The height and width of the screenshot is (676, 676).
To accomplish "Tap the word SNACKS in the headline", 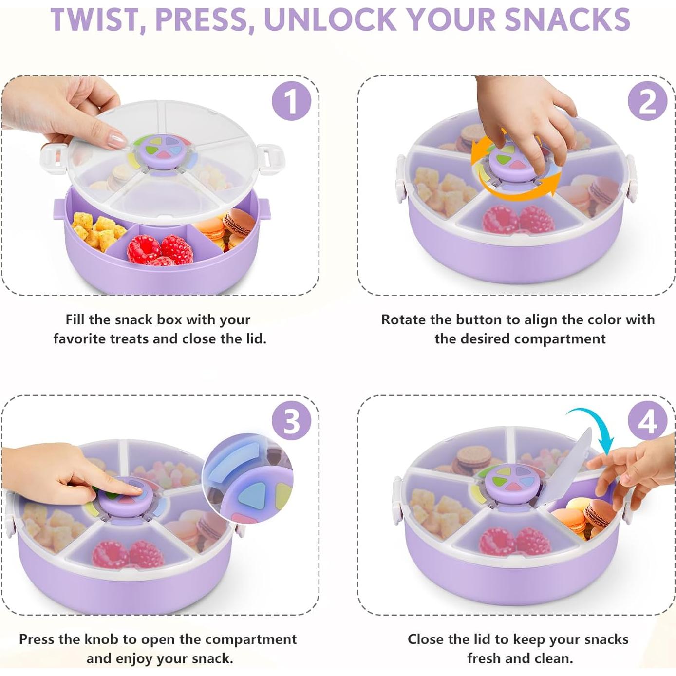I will [x=567, y=19].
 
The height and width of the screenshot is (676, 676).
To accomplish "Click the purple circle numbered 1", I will [x=291, y=101].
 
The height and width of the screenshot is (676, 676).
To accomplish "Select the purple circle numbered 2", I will [x=647, y=101].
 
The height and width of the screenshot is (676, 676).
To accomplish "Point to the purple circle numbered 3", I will [x=291, y=421].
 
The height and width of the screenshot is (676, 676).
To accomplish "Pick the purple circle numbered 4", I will [x=647, y=421].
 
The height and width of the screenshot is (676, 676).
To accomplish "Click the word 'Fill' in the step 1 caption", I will [x=75, y=320].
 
